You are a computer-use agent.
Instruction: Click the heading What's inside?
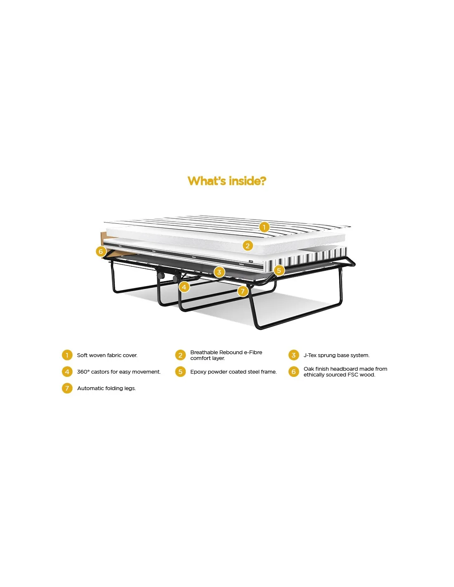click(x=227, y=181)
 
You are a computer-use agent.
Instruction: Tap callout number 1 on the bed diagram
click(x=264, y=227)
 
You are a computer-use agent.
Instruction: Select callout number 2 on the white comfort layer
click(x=248, y=246)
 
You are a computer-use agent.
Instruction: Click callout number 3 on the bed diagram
click(x=219, y=272)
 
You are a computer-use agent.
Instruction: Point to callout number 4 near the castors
click(x=184, y=286)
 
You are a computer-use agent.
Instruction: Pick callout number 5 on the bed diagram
click(x=279, y=270)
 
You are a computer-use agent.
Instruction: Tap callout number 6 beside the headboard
click(x=101, y=251)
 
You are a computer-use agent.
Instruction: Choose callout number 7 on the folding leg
click(x=243, y=291)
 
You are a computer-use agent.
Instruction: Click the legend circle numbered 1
click(x=67, y=355)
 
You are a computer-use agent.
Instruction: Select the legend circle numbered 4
click(x=67, y=372)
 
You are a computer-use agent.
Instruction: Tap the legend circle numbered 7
click(x=67, y=388)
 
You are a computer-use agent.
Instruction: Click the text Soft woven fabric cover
click(x=107, y=355)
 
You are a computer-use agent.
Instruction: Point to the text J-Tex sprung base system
click(x=336, y=355)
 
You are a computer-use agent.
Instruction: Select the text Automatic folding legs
click(x=106, y=388)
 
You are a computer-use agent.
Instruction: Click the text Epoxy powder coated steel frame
click(x=233, y=372)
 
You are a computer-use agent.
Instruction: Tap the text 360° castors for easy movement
click(x=118, y=372)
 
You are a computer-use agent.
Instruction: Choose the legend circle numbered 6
click(x=293, y=372)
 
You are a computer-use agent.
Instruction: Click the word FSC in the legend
click(x=353, y=375)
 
